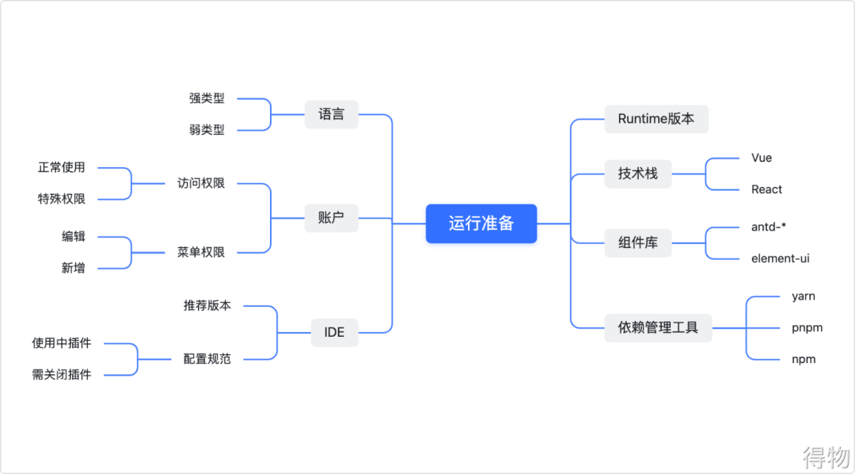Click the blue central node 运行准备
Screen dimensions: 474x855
point(481,224)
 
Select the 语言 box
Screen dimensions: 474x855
point(331,114)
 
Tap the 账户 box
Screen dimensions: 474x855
point(331,217)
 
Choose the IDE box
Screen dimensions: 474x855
point(334,332)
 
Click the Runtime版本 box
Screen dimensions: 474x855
point(655,119)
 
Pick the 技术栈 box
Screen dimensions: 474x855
point(637,174)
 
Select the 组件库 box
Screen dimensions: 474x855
point(637,243)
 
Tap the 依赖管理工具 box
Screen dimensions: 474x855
point(658,327)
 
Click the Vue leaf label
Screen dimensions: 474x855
point(762,158)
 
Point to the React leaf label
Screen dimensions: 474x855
point(766,189)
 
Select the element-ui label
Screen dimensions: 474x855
point(780,258)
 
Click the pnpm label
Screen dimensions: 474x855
point(807,327)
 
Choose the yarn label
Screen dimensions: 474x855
point(803,296)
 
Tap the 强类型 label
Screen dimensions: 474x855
point(207,98)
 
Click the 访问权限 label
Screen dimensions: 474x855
point(201,183)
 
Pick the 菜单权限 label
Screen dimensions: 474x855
point(201,252)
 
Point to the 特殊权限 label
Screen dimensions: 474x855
point(62,199)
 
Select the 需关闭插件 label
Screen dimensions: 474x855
point(62,374)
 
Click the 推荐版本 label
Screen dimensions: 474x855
point(207,305)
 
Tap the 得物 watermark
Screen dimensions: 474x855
point(826,456)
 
